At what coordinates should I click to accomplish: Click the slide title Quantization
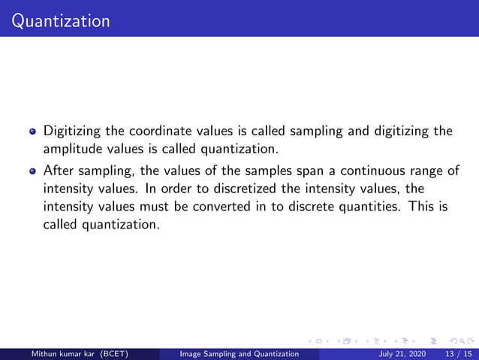point(56,20)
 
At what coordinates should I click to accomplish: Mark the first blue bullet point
point(33,132)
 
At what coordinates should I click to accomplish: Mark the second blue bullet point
point(33,171)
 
